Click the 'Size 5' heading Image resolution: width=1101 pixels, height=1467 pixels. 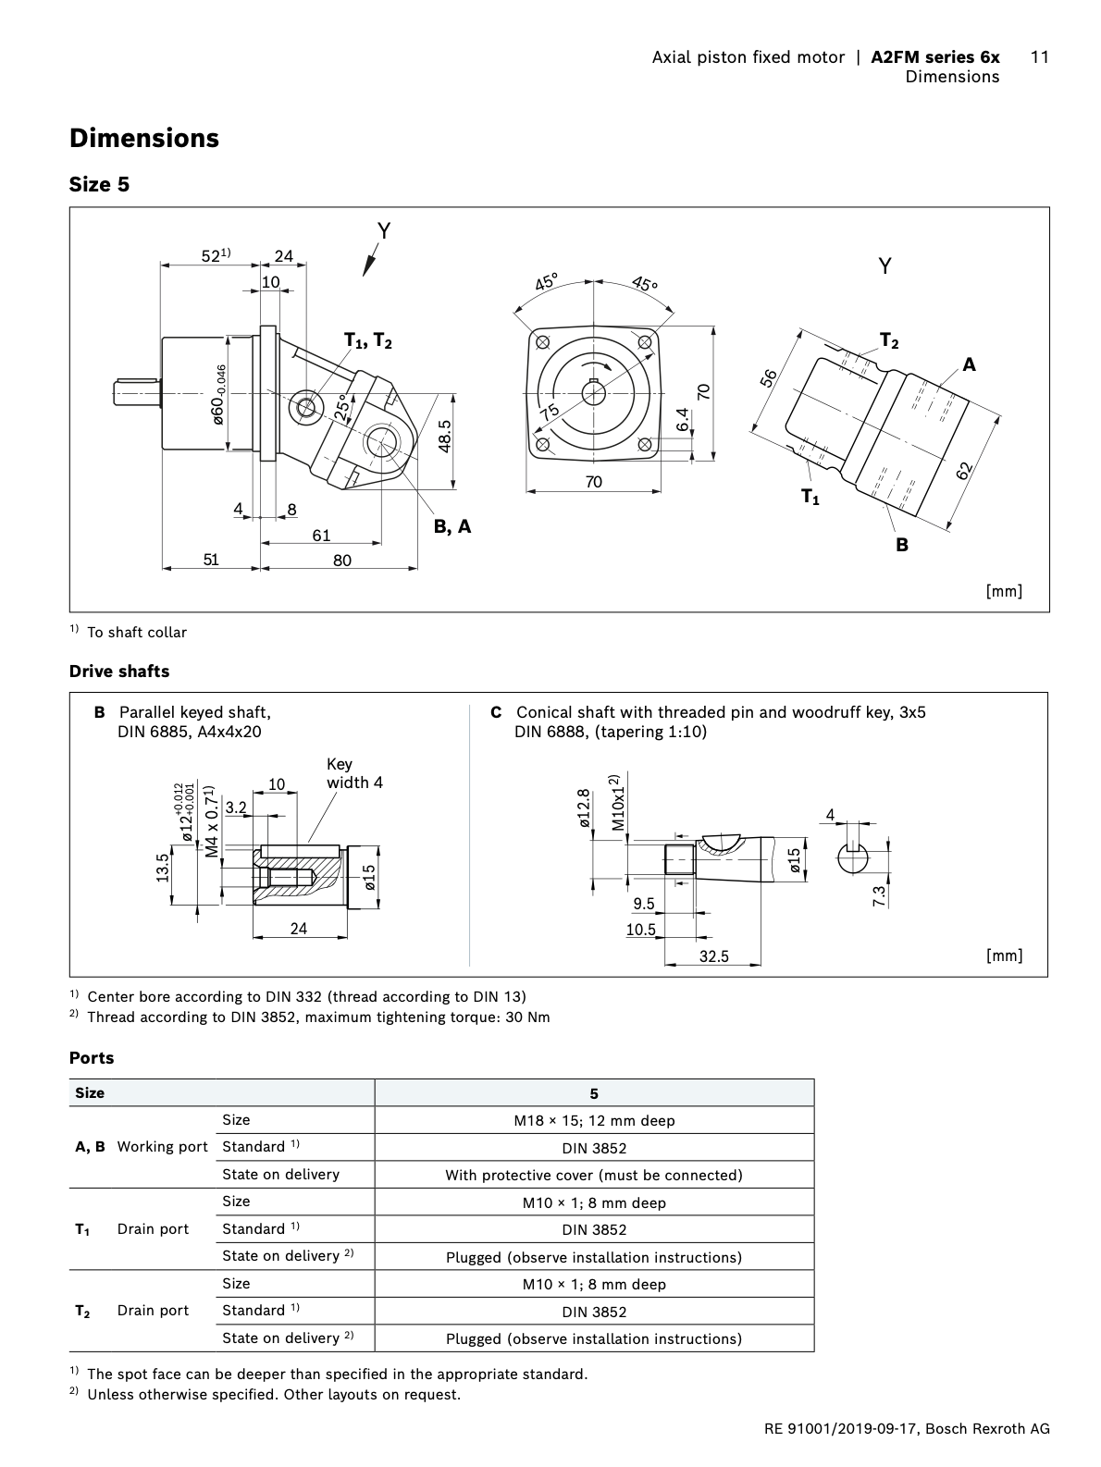pyautogui.click(x=99, y=184)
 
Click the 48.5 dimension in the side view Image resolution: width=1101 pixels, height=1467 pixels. pyautogui.click(x=444, y=437)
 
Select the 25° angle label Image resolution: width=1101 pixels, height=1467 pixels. pyautogui.click(x=343, y=407)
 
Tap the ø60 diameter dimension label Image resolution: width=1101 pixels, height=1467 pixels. pyautogui.click(x=218, y=396)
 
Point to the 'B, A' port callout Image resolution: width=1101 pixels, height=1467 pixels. pyautogui.click(x=452, y=527)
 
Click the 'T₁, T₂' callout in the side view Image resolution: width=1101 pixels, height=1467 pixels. pyautogui.click(x=368, y=341)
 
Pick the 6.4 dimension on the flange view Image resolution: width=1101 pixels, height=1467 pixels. pyautogui.click(x=683, y=420)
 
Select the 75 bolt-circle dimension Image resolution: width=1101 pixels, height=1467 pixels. pyautogui.click(x=550, y=412)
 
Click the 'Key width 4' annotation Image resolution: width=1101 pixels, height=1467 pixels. pyautogui.click(x=353, y=773)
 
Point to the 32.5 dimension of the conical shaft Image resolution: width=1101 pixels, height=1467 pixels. pyautogui.click(x=713, y=956)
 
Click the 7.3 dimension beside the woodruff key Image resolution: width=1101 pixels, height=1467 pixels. pyautogui.click(x=879, y=895)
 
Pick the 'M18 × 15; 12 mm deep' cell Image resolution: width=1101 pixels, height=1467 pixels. pyautogui.click(x=594, y=1120)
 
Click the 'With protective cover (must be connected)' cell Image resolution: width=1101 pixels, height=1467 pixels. pyautogui.click(x=594, y=1175)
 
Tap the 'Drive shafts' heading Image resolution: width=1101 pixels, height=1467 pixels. pyautogui.click(x=119, y=672)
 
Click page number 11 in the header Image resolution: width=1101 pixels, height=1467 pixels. pyautogui.click(x=1039, y=57)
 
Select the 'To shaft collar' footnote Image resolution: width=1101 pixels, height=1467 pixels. pyautogui.click(x=136, y=633)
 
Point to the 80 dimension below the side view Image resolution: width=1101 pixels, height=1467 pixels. pyautogui.click(x=342, y=560)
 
